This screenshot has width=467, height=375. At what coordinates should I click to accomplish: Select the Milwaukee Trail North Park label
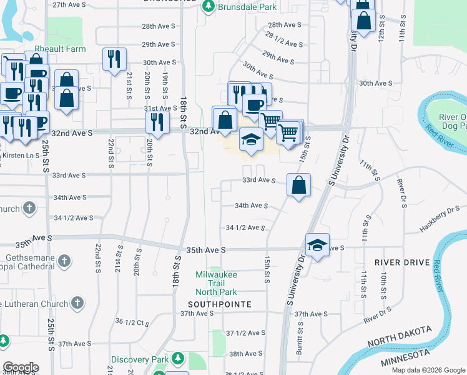(x=216, y=283)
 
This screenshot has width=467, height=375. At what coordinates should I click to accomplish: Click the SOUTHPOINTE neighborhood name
(x=220, y=304)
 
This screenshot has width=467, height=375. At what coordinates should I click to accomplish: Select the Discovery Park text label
(x=140, y=360)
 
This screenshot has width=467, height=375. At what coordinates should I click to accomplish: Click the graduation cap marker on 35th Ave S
(x=317, y=246)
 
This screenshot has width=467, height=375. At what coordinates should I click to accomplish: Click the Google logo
(x=21, y=367)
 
